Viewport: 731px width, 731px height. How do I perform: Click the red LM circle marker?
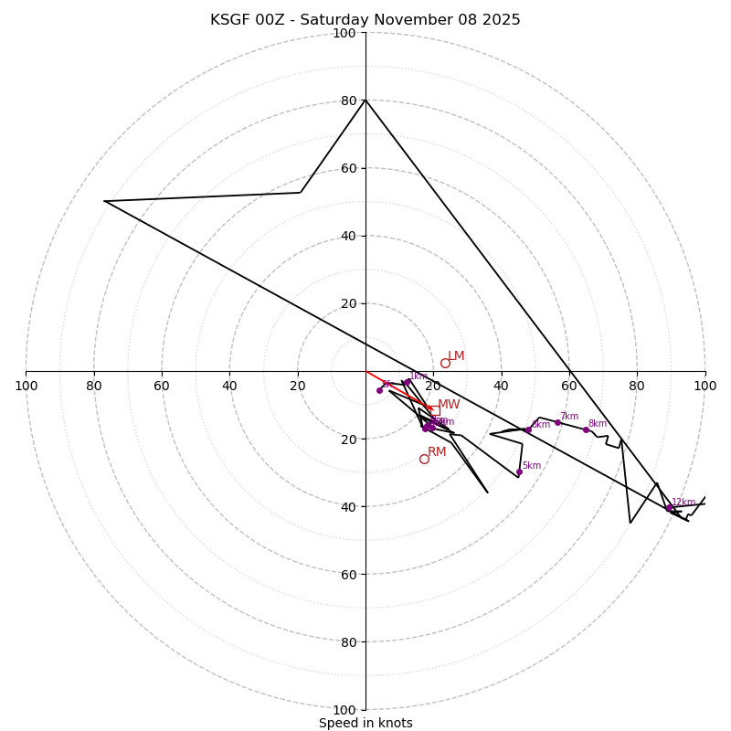pyautogui.click(x=445, y=363)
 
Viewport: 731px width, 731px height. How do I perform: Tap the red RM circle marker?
pyautogui.click(x=424, y=459)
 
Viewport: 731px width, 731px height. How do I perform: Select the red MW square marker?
pyautogui.click(x=435, y=410)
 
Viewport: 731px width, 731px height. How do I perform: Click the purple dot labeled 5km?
pyautogui.click(x=519, y=472)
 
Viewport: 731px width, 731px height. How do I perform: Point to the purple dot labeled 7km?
pyautogui.click(x=557, y=422)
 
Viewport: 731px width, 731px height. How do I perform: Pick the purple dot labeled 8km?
pyautogui.click(x=586, y=429)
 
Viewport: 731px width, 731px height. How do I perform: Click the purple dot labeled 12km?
pyautogui.click(x=669, y=507)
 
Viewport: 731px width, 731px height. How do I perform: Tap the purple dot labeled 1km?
pyautogui.click(x=407, y=382)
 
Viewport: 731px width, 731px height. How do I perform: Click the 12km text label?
pyautogui.click(x=683, y=503)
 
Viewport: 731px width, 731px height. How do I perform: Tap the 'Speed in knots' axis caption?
pyautogui.click(x=365, y=723)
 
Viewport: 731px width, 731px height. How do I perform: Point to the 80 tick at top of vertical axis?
pyautogui.click(x=344, y=101)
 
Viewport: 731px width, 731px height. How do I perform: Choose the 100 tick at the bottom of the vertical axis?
pyautogui.click(x=344, y=710)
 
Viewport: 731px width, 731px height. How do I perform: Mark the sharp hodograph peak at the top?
pyautogui.click(x=365, y=99)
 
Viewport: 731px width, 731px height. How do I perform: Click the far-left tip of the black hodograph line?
pyautogui.click(x=104, y=201)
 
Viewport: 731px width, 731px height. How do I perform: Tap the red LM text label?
pyautogui.click(x=456, y=356)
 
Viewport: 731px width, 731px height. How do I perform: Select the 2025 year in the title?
pyautogui.click(x=502, y=20)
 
